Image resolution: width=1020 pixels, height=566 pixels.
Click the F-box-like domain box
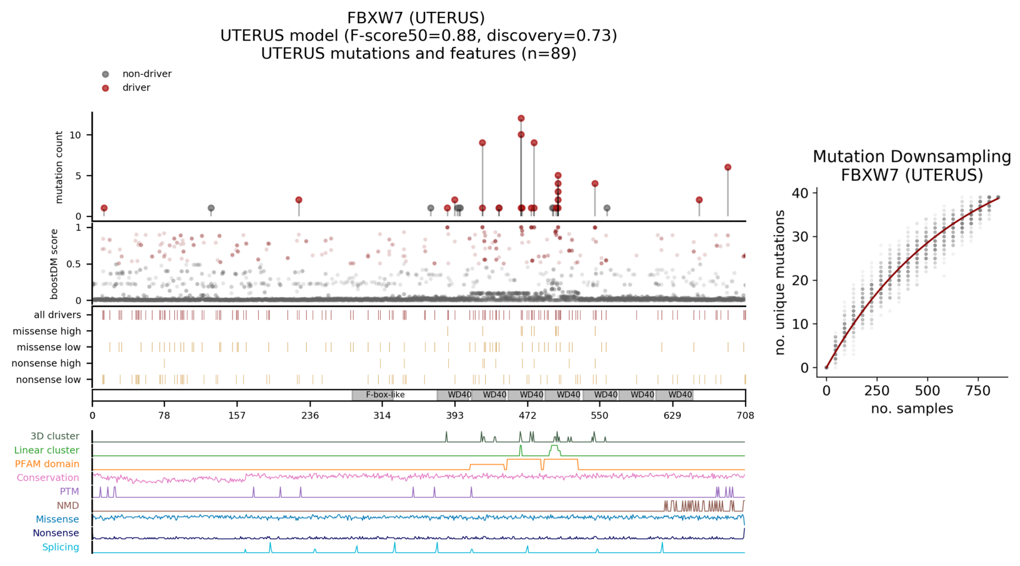click(x=385, y=395)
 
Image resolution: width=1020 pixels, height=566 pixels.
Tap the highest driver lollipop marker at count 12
click(x=521, y=118)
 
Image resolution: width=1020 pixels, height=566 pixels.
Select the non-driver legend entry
click(x=146, y=74)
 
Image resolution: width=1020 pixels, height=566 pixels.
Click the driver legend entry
click(x=136, y=88)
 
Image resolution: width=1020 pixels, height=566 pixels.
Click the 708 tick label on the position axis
click(x=745, y=415)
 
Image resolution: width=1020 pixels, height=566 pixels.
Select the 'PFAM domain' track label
click(x=47, y=464)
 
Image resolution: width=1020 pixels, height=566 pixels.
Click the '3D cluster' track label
click(x=55, y=437)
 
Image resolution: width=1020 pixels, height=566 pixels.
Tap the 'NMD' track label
click(x=67, y=505)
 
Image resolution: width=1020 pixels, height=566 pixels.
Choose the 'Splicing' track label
click(x=61, y=547)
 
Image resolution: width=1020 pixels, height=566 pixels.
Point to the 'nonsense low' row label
click(x=48, y=380)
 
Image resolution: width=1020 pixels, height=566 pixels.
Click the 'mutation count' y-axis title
click(x=59, y=167)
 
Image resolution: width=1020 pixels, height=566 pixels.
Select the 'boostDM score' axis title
click(x=54, y=264)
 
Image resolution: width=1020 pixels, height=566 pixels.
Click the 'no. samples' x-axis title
click(x=912, y=409)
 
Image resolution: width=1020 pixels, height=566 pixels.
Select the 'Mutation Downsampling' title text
click(x=911, y=157)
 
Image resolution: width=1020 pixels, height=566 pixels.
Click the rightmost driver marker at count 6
click(x=727, y=168)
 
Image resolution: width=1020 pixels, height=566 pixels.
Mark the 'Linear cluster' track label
click(x=47, y=450)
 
